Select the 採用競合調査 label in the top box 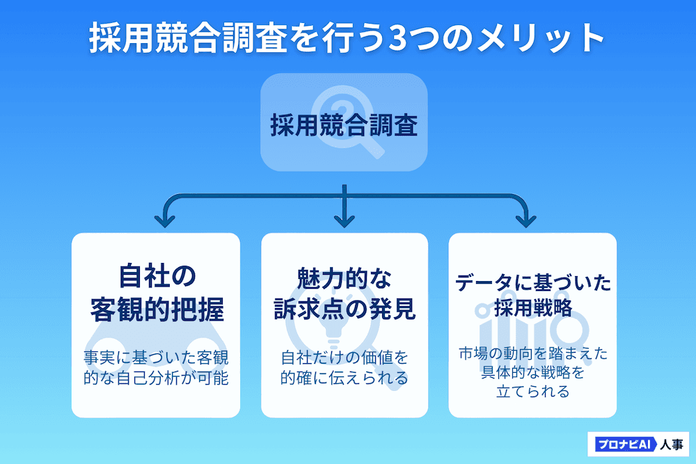pos(344,127)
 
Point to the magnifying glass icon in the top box pos(348,125)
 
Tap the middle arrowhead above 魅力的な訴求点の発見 pos(345,221)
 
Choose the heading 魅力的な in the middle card pos(345,278)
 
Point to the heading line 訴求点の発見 pos(345,310)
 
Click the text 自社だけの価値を pos(345,358)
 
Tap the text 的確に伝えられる pos(345,379)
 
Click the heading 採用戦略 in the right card pos(533,307)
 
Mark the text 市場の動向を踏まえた pos(533,353)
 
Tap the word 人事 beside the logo pos(672,443)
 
